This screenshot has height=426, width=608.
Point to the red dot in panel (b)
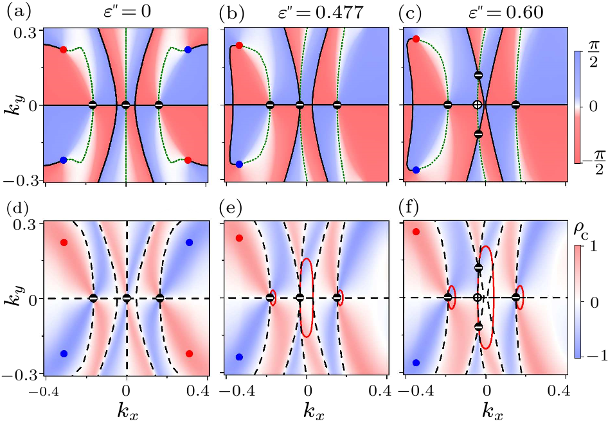[x=239, y=46]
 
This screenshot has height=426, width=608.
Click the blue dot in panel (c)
[x=416, y=170]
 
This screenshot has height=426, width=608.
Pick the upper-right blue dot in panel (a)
[x=188, y=49]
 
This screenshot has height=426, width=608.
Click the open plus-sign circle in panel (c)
[x=476, y=104]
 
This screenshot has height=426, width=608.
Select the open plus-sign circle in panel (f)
[x=477, y=297]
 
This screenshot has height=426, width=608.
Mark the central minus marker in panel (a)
[x=126, y=104]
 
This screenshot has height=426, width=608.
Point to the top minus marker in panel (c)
[x=478, y=75]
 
